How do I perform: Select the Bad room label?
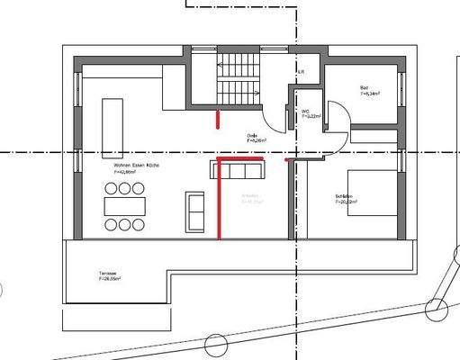point(353,87)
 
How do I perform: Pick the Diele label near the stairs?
point(253,136)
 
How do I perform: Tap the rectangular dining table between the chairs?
point(124,205)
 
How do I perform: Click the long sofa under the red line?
point(239,169)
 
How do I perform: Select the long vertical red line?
point(219,202)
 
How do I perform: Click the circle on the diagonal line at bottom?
point(216,345)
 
